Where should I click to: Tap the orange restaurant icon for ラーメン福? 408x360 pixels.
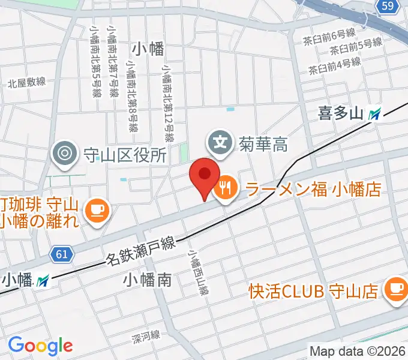(x=226, y=190)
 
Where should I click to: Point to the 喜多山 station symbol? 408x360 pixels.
(x=376, y=113)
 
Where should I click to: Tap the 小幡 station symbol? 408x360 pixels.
(x=43, y=280)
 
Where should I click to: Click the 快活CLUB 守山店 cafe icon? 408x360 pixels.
(x=396, y=289)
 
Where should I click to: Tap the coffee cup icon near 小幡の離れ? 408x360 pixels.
(x=95, y=209)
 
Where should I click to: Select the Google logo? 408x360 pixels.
(x=40, y=345)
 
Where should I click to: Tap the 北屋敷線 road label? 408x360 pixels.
(x=27, y=82)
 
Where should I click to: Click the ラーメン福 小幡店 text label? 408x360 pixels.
(x=312, y=190)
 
